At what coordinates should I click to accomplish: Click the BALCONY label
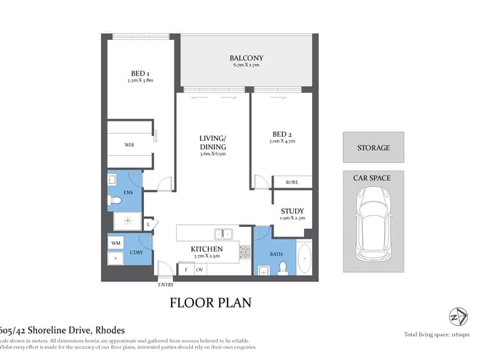coord(246,58)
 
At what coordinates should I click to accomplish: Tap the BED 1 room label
coord(140,73)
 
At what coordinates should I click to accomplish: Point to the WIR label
coord(129,145)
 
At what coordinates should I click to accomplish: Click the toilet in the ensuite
coord(115,199)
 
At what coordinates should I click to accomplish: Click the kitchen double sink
coord(223,234)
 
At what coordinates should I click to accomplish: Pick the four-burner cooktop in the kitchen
coord(245,252)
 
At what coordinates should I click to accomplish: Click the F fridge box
coord(187,270)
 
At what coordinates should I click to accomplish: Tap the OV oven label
coord(200,270)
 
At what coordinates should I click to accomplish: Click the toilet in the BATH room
coord(281,268)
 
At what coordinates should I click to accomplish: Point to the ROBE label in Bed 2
coord(292,183)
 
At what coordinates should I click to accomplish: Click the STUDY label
coord(292,212)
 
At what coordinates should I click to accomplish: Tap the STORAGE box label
coord(373,148)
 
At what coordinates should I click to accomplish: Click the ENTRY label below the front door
coord(166,285)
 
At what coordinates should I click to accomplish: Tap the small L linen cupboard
coord(149,225)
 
